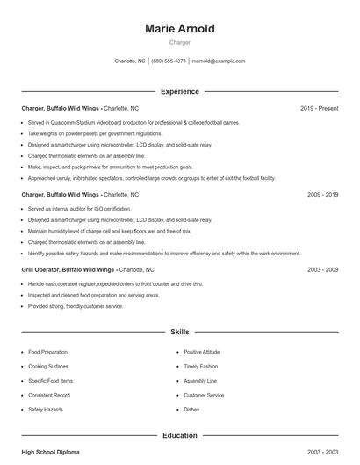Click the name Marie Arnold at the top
[x=179, y=29]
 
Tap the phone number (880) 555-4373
[x=169, y=61]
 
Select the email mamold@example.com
[x=219, y=61]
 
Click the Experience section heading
[x=179, y=91]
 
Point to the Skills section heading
[x=179, y=333]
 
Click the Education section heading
[x=179, y=435]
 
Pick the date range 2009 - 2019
[x=322, y=194]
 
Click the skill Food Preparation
[x=47, y=352]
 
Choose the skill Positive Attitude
[x=202, y=352]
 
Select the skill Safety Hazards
[x=46, y=410]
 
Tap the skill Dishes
[x=191, y=410]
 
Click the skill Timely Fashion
[x=200, y=366]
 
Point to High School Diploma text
[x=50, y=452]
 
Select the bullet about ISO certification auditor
[x=79, y=209]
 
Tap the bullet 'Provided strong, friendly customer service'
[x=76, y=306]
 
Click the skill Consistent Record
[x=49, y=395]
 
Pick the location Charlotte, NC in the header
[x=130, y=61]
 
